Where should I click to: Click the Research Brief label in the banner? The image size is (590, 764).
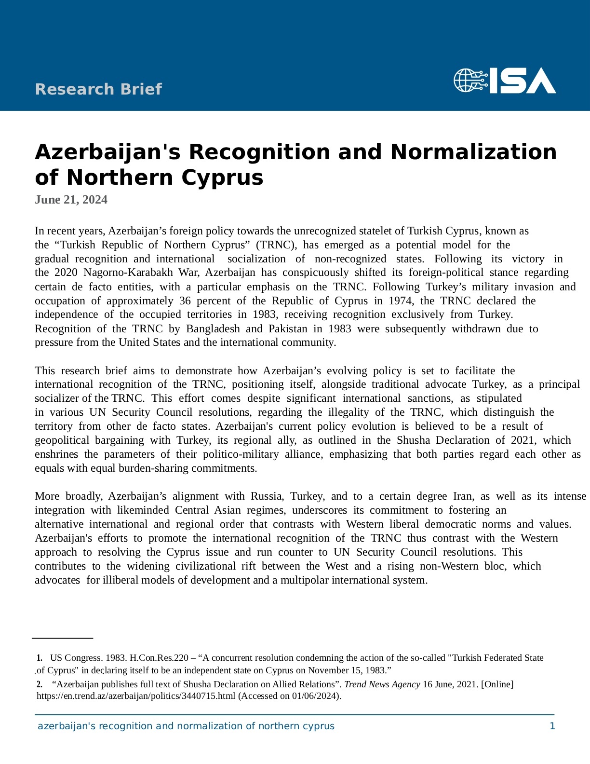tap(98, 89)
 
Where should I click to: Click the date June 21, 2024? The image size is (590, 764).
tap(71, 200)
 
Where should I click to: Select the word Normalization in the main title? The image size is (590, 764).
tap(473, 152)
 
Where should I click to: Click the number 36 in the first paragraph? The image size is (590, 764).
tap(185, 301)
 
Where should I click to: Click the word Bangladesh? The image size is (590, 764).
tap(213, 329)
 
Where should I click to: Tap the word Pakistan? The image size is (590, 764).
tap(288, 329)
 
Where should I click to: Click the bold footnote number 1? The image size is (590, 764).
tap(40, 658)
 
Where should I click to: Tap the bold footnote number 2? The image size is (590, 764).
tap(40, 684)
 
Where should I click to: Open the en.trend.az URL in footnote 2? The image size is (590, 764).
tap(136, 696)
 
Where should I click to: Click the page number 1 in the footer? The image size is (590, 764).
tap(552, 726)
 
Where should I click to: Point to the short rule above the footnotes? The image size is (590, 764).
tap(62, 638)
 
